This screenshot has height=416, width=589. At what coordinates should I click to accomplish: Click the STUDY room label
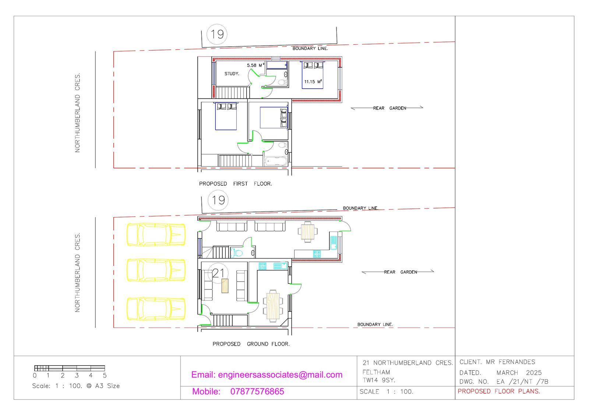point(232,74)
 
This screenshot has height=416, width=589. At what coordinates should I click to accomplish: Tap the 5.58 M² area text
point(255,65)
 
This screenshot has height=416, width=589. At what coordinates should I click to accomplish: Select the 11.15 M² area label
point(313,82)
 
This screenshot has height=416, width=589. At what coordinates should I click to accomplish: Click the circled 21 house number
point(218,273)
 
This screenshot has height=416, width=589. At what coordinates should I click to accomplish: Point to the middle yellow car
point(156,270)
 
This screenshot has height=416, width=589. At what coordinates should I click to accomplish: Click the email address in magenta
point(267,375)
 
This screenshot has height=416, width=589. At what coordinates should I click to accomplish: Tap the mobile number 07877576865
point(257,392)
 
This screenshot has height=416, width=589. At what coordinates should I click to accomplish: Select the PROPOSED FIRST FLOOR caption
point(235,184)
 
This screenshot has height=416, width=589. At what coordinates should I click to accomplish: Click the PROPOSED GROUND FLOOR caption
point(251,344)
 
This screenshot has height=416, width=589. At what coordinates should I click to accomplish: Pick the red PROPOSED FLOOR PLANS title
point(499,391)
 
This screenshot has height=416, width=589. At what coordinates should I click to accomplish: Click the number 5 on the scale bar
point(105,376)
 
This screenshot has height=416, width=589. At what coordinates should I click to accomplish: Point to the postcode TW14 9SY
point(379,380)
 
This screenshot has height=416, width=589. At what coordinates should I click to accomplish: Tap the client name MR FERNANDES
point(510,362)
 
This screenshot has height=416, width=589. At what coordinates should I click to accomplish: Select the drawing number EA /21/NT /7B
point(522,381)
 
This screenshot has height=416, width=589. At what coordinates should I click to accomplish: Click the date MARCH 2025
point(519,373)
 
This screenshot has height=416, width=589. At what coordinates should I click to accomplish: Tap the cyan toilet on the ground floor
point(237,253)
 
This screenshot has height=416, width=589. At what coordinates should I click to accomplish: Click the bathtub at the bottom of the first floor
point(276,161)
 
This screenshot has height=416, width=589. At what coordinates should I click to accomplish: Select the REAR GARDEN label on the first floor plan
point(389,108)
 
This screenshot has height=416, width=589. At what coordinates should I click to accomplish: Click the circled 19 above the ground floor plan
point(218,200)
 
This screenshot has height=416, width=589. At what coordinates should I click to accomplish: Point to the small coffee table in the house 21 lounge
point(225,286)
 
